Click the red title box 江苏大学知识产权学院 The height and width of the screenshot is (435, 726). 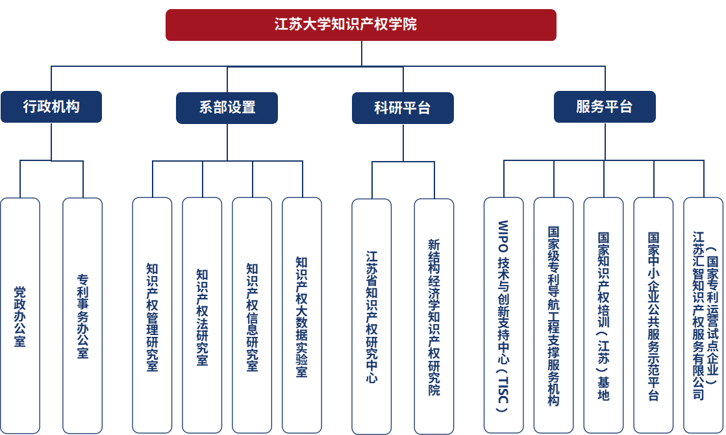click(x=361, y=25)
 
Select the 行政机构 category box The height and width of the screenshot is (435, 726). click(x=51, y=106)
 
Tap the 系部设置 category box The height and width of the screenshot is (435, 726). click(x=227, y=108)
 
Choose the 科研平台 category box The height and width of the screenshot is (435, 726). click(x=403, y=108)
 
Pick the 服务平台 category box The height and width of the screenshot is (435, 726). click(x=605, y=106)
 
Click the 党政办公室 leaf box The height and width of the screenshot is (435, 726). click(x=20, y=316)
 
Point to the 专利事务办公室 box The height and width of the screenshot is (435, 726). click(x=82, y=316)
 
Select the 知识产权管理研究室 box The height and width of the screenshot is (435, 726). click(x=152, y=316)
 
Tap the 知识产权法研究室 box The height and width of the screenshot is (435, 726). click(x=202, y=316)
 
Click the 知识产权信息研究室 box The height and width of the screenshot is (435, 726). click(x=252, y=316)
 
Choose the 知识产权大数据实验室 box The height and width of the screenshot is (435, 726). click(x=302, y=316)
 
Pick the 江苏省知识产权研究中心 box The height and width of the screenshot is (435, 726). click(x=371, y=316)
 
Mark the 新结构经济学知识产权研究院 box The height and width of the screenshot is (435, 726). click(x=434, y=316)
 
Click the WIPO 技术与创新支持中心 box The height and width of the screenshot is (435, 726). click(x=503, y=316)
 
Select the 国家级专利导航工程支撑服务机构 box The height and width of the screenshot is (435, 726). click(x=553, y=316)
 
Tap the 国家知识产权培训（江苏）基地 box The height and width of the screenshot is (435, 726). click(x=603, y=316)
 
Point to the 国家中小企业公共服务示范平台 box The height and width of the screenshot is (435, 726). click(x=653, y=316)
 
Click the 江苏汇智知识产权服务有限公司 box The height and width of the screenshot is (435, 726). click(x=703, y=316)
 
